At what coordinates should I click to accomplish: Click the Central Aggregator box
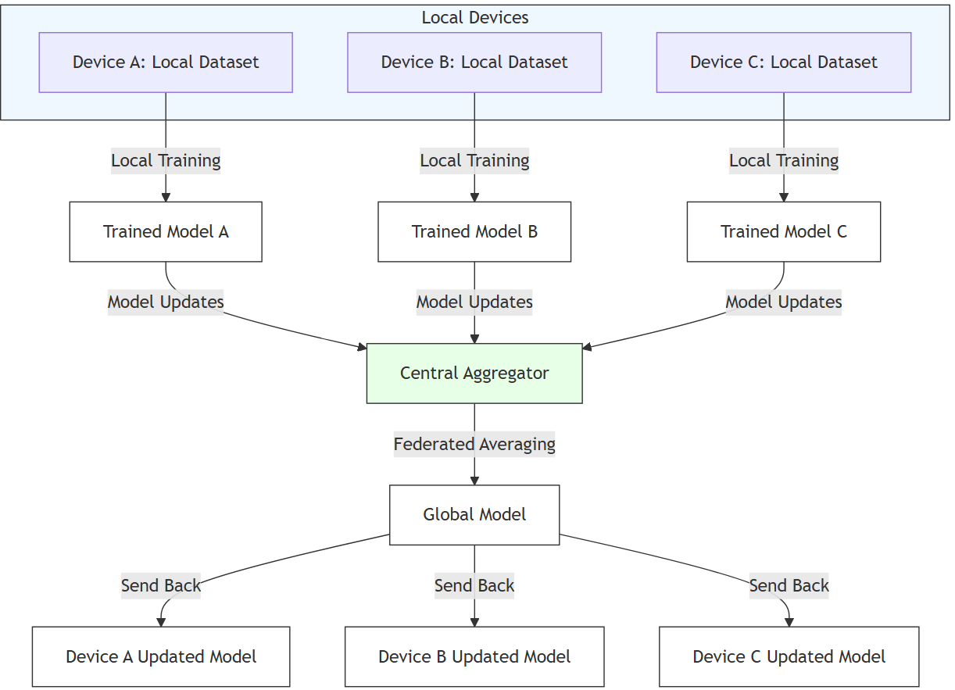[x=474, y=374]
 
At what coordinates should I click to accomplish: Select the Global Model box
[x=474, y=515]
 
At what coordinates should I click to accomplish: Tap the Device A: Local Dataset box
[x=166, y=63]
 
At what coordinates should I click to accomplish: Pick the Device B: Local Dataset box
[x=474, y=63]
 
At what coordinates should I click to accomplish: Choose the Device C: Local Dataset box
[x=784, y=63]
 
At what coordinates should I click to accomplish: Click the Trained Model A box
[x=166, y=232]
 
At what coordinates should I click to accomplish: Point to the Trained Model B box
[x=474, y=232]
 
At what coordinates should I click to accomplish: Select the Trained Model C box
[x=784, y=232]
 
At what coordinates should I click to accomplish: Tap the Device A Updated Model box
[x=161, y=657]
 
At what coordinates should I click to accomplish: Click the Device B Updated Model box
[x=474, y=657]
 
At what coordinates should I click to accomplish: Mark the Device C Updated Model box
[x=789, y=657]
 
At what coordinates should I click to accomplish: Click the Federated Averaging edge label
[x=474, y=445]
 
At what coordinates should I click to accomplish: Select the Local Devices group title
[x=475, y=17]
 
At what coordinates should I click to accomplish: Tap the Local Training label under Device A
[x=166, y=161]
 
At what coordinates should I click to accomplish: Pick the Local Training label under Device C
[x=784, y=161]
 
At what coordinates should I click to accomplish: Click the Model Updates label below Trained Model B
[x=474, y=302]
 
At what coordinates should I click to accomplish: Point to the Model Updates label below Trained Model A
[x=166, y=302]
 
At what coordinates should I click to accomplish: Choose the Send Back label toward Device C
[x=789, y=586]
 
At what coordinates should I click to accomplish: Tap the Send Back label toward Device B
[x=474, y=586]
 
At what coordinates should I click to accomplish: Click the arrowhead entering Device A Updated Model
[x=161, y=621]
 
